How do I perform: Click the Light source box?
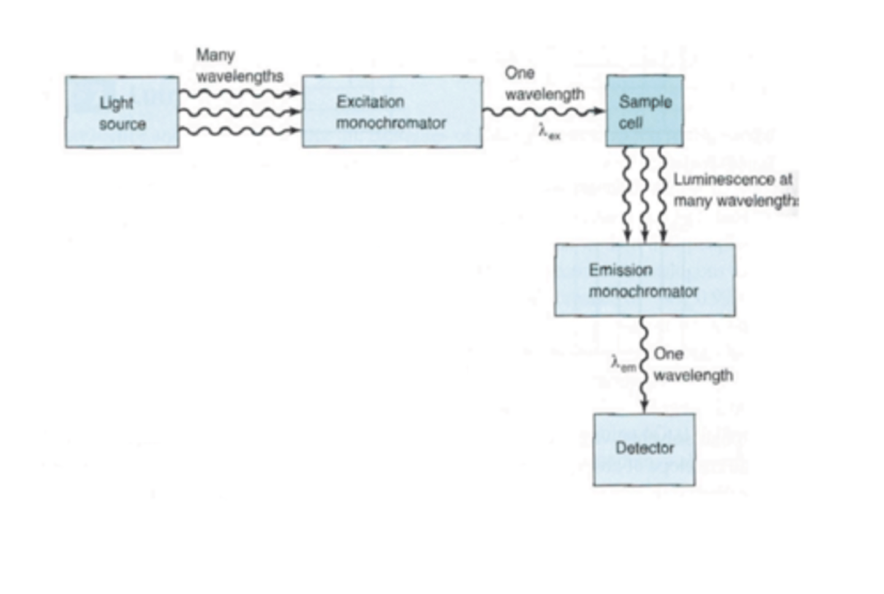(122, 112)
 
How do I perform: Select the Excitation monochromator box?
(392, 112)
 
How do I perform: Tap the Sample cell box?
(645, 111)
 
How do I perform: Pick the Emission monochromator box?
(645, 280)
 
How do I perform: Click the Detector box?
(644, 449)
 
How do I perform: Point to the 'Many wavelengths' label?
(239, 66)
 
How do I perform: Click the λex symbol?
(549, 132)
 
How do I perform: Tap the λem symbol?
(623, 364)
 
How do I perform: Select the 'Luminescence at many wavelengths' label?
(734, 190)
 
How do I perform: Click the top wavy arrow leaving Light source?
(239, 93)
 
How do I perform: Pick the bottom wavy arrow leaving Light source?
(239, 131)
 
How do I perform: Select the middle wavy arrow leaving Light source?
(239, 112)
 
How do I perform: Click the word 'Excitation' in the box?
(370, 102)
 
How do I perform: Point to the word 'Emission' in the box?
(620, 270)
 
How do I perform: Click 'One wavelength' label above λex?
(544, 84)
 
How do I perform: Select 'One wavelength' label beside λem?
(692, 365)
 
